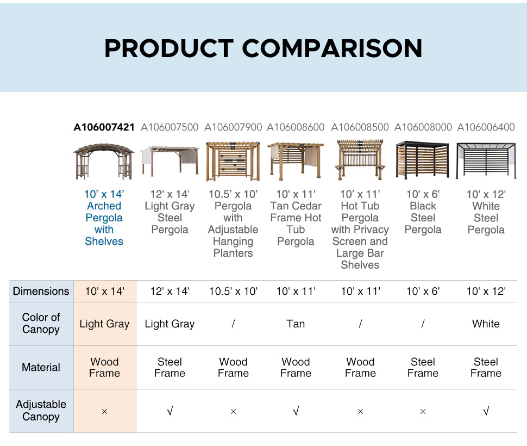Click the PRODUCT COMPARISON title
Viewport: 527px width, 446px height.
pyautogui.click(x=263, y=48)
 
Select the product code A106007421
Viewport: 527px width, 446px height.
pyautogui.click(x=104, y=127)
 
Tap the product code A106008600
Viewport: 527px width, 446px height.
pyautogui.click(x=296, y=127)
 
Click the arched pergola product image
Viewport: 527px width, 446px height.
pyautogui.click(x=104, y=162)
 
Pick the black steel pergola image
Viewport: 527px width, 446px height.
pyautogui.click(x=423, y=160)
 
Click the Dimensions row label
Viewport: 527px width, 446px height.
pyautogui.click(x=41, y=291)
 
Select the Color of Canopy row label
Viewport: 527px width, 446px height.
pyautogui.click(x=41, y=323)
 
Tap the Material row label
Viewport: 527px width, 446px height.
pyautogui.click(x=41, y=367)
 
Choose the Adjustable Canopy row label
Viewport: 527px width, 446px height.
pyautogui.click(x=41, y=410)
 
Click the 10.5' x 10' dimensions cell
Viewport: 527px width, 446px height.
pyautogui.click(x=233, y=291)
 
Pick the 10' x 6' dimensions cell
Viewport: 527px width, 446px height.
pyautogui.click(x=423, y=291)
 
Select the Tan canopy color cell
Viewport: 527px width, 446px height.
pyautogui.click(x=296, y=324)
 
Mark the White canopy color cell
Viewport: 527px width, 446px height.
pyautogui.click(x=486, y=324)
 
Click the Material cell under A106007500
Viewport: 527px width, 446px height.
pyautogui.click(x=170, y=367)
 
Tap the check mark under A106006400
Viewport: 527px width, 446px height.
pyautogui.click(x=486, y=411)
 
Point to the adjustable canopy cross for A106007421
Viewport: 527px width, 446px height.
pyautogui.click(x=104, y=411)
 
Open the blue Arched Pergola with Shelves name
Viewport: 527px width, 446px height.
pyautogui.click(x=104, y=218)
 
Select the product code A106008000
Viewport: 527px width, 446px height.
pyautogui.click(x=423, y=127)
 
